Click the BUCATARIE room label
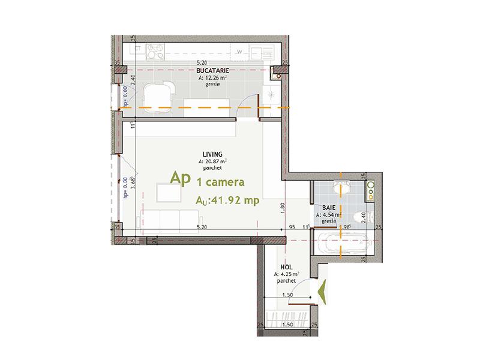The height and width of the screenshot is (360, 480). tap(207, 71)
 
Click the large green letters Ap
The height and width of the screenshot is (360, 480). tap(180, 178)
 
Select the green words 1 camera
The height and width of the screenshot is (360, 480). tap(220, 180)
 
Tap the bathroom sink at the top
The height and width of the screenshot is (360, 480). tap(370, 190)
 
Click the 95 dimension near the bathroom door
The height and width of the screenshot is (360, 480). tap(292, 227)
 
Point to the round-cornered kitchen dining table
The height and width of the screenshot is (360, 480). tap(158, 96)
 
